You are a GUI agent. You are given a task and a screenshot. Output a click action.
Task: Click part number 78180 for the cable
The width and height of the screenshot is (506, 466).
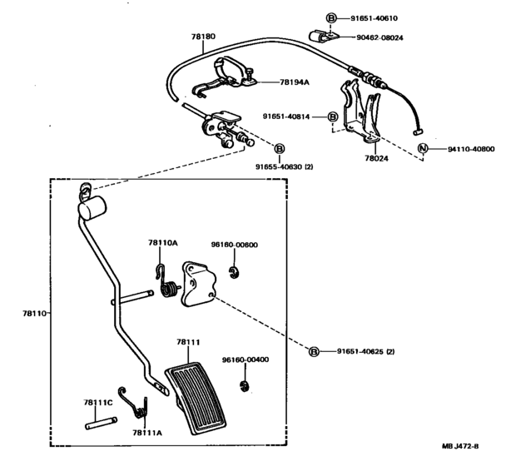(203, 37)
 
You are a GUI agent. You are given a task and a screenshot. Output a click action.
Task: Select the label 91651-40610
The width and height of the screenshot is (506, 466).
(374, 18)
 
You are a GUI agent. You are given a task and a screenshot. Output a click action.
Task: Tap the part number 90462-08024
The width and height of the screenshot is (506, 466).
(379, 37)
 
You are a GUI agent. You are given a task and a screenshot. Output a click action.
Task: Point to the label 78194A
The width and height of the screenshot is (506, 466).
(295, 82)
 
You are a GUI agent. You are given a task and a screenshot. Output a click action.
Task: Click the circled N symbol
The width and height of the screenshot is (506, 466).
(423, 148)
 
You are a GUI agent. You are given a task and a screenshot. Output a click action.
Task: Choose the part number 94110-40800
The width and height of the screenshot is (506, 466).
(471, 149)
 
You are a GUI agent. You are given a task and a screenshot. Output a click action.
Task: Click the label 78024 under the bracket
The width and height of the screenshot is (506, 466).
(376, 158)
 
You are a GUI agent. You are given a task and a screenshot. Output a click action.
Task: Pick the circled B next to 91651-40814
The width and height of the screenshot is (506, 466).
(333, 116)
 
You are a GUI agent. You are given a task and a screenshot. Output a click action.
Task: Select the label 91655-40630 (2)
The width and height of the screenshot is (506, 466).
(285, 166)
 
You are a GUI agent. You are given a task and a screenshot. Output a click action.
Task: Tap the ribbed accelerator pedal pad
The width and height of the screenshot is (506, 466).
(196, 398)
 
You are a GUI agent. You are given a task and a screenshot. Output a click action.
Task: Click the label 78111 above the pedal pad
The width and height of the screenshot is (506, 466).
(188, 342)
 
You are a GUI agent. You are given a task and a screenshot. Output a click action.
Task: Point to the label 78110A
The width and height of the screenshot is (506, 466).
(163, 243)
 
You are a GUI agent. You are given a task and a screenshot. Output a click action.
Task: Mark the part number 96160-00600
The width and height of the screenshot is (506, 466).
(235, 245)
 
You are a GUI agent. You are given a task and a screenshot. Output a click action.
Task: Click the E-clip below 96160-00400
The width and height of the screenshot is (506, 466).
(246, 386)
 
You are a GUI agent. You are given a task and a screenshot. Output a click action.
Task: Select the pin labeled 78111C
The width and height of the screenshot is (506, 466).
(101, 424)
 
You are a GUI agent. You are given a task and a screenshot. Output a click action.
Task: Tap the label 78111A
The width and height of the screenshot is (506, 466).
(147, 433)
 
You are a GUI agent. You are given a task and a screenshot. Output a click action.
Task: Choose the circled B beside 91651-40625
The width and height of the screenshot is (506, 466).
(314, 351)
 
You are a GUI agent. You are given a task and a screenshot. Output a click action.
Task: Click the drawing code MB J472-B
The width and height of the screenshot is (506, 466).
(460, 447)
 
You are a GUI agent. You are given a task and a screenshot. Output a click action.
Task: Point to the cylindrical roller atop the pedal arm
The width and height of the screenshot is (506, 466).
(92, 209)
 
